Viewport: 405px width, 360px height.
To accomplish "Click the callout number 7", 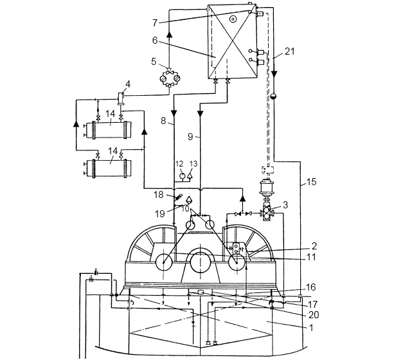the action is (155, 23).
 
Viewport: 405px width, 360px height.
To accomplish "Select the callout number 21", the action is (289, 51).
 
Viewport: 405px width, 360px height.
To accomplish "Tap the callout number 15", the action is (312, 182).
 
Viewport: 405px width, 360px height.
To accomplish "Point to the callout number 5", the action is (154, 62).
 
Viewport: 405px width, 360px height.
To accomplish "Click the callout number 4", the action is (127, 84).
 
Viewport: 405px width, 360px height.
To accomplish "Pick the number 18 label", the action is (159, 194).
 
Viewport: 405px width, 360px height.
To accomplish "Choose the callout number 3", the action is (285, 205).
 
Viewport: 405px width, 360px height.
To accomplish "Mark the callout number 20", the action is (314, 315).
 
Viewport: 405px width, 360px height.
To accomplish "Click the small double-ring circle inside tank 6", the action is (233, 19).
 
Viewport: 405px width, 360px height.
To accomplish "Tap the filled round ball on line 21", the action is (273, 96).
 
